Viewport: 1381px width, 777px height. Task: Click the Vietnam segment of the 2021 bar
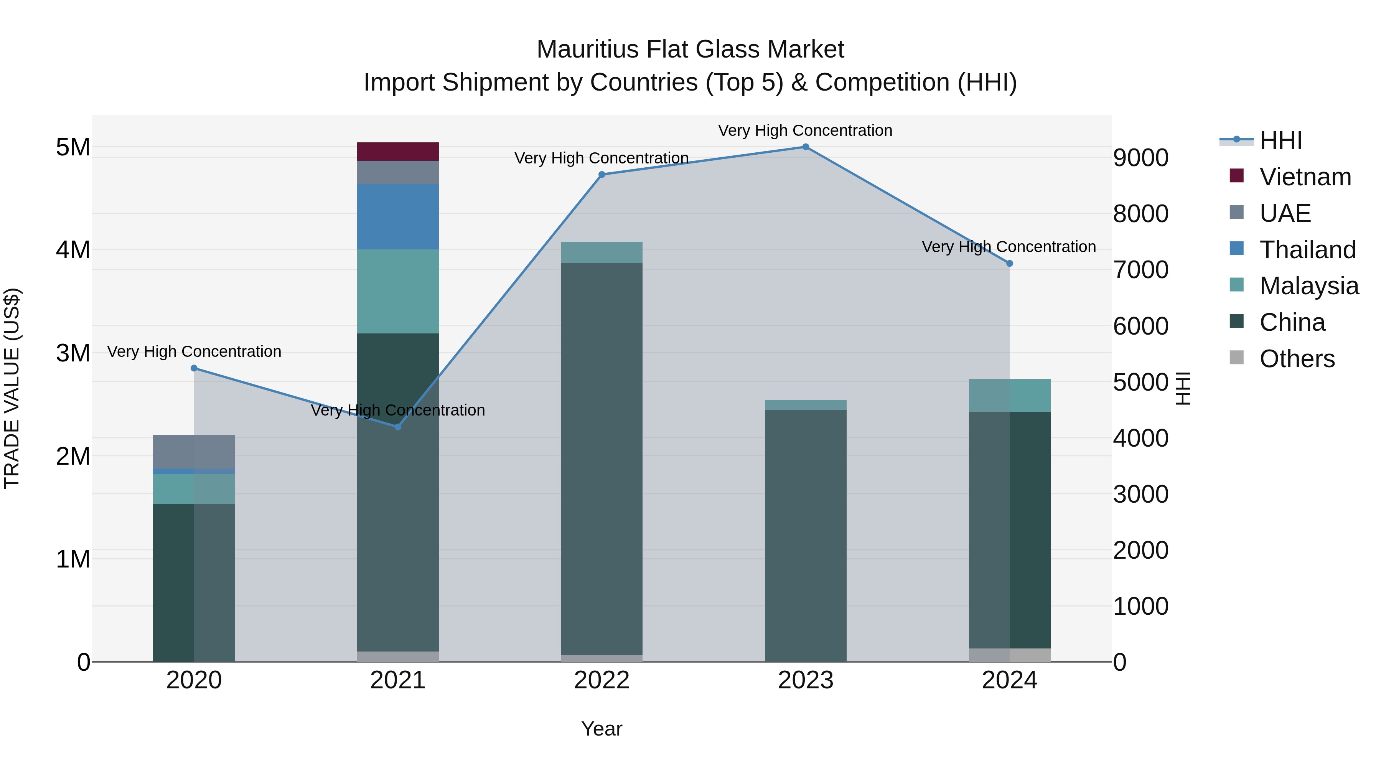click(398, 151)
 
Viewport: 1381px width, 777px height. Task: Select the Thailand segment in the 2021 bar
click(398, 217)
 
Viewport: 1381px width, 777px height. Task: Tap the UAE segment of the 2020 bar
click(194, 452)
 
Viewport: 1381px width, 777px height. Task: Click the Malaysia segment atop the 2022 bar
click(602, 252)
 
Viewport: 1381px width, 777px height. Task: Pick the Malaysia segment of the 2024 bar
click(1010, 395)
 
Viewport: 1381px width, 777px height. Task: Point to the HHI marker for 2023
click(805, 147)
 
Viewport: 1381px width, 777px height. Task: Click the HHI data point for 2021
click(398, 427)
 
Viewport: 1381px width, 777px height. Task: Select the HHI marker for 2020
click(194, 368)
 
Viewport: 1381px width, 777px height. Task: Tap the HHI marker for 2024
click(1010, 263)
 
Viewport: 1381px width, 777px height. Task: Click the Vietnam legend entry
click(1305, 177)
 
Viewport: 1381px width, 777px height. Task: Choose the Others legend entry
click(1297, 359)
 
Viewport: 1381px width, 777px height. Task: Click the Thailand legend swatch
click(1236, 249)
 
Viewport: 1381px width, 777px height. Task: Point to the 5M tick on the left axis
click(73, 147)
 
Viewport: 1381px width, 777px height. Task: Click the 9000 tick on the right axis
click(1141, 158)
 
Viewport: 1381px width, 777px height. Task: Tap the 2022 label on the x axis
click(602, 680)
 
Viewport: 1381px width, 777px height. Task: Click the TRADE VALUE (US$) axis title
click(12, 388)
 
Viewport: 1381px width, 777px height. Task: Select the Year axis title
click(602, 729)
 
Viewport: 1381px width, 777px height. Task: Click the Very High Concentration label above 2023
click(805, 130)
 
